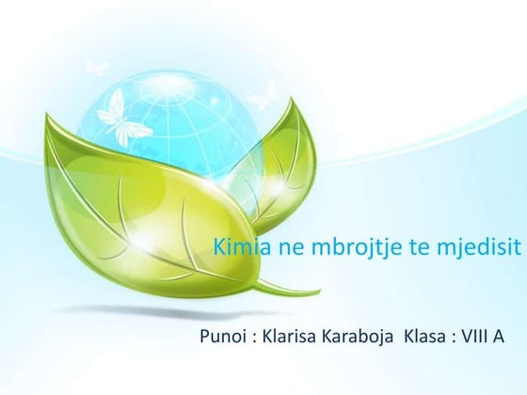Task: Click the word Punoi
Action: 223,336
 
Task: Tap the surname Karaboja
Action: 366,336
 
